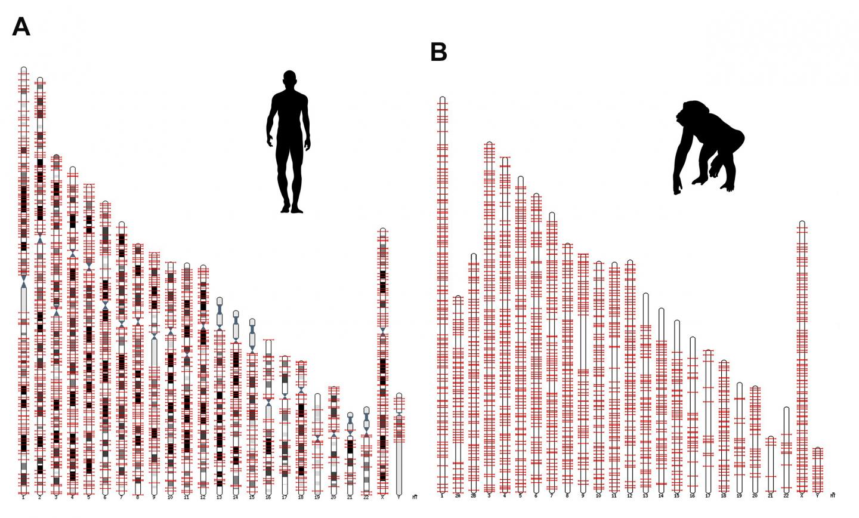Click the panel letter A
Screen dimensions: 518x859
pos(21,27)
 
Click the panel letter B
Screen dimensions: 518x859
pos(438,53)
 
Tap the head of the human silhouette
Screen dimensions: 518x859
pos(289,78)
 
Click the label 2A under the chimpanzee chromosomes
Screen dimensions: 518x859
pos(458,496)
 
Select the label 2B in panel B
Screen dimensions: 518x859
pos(473,496)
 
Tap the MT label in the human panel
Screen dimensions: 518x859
pos(415,497)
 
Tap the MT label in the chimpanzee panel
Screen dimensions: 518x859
pos(833,495)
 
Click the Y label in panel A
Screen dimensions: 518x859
pos(398,497)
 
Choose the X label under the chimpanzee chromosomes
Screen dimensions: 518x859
pos(802,495)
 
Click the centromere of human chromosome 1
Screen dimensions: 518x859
pos(24,281)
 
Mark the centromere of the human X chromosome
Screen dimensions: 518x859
pos(382,330)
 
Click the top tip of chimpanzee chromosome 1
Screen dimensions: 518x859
pos(442,97)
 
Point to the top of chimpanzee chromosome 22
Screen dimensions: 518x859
pos(786,408)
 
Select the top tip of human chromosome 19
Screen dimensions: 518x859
pos(317,394)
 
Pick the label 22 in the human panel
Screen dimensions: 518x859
pos(366,497)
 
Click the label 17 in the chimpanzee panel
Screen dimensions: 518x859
pos(708,495)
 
